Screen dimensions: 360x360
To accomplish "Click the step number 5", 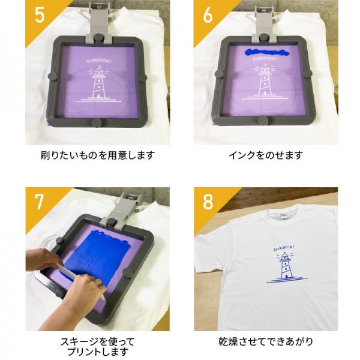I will pyautogui.click(x=39, y=15).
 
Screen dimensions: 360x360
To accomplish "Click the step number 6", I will pyautogui.click(x=208, y=15).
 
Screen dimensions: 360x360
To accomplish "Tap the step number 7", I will pyautogui.click(x=39, y=202).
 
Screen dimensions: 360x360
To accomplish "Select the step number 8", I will pyautogui.click(x=208, y=202).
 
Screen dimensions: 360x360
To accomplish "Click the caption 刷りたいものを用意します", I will pyautogui.click(x=97, y=155).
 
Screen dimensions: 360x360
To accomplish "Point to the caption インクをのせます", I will pyautogui.click(x=265, y=155).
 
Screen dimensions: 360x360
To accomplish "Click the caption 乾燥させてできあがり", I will pyautogui.click(x=265, y=342).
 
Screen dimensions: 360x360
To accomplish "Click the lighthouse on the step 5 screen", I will pyautogui.click(x=97, y=84).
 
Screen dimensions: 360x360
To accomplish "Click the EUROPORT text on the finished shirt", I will pyautogui.click(x=284, y=246).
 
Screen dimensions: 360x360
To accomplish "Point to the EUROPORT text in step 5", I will pyautogui.click(x=97, y=60).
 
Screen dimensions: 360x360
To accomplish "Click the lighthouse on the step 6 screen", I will pyautogui.click(x=265, y=83).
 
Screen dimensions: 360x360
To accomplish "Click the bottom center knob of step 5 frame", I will pyautogui.click(x=97, y=123).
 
